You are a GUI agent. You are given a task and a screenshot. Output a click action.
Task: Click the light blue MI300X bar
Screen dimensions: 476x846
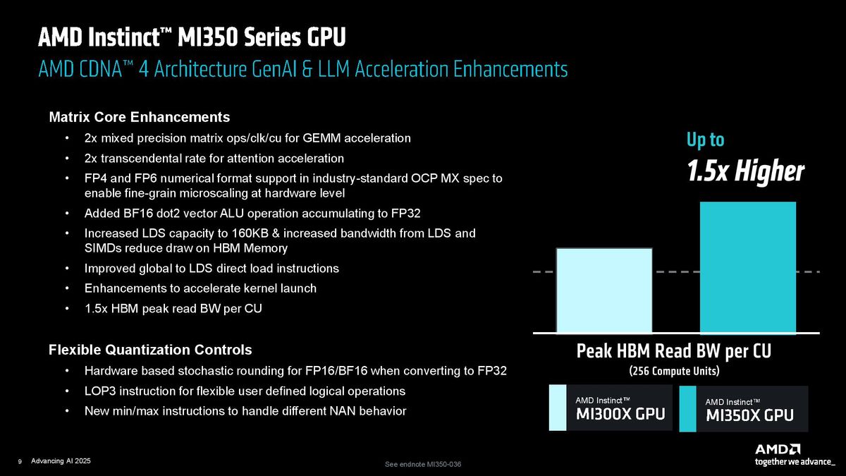(604, 290)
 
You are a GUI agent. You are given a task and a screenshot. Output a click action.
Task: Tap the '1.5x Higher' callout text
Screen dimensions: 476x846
(745, 171)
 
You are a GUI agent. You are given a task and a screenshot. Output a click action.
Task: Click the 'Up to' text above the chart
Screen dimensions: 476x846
(705, 140)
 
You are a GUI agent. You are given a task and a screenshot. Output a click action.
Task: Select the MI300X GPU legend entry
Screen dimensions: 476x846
(608, 408)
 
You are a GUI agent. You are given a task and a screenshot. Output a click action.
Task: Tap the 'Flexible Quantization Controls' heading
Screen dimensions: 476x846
(150, 350)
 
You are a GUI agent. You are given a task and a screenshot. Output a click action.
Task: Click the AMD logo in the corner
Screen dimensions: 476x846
(778, 449)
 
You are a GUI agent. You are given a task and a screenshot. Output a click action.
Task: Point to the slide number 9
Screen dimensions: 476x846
(20, 461)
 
